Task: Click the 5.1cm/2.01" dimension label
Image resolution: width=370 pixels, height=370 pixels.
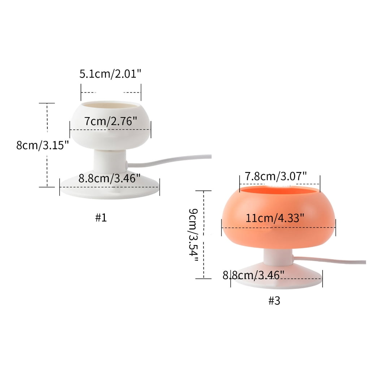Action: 110,74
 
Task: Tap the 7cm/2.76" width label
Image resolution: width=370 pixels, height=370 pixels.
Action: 111,121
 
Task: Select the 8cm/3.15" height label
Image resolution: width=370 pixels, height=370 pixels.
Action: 43,145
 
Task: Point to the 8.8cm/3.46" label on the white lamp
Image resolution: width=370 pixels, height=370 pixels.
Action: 109,178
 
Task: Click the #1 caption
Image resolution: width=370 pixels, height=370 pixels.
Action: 101,218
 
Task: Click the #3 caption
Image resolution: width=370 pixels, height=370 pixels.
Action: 274,301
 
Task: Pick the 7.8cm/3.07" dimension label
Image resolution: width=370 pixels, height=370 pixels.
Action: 276,176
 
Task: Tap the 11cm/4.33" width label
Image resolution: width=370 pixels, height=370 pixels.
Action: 275,218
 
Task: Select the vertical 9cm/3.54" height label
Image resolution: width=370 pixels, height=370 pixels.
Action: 193,235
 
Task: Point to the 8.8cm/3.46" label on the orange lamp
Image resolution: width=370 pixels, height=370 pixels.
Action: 253,275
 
